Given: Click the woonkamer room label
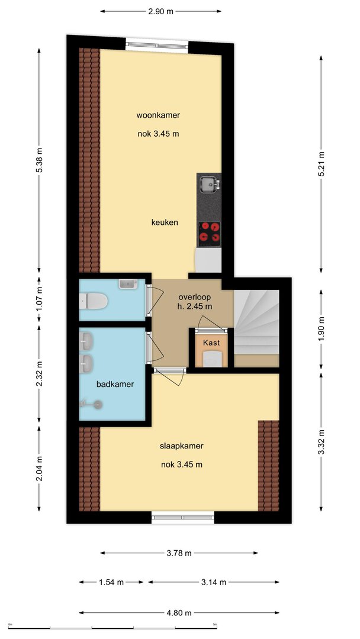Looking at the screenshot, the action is [158, 115].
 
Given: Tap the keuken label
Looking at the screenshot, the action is [165, 222].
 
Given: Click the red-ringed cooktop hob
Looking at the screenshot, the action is [209, 233].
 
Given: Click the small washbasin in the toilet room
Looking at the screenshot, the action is [128, 284].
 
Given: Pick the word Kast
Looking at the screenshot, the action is [211, 343].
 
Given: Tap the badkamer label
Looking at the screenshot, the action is [115, 384].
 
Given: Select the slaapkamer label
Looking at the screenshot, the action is [181, 446].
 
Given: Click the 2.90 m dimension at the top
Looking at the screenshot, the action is [160, 11].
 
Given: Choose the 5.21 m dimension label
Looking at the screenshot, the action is [322, 164].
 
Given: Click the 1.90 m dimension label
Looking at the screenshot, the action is [322, 328].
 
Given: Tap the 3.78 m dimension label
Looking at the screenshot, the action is [179, 553].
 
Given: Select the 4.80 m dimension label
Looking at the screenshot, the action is [179, 612].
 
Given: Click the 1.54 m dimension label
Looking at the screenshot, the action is [111, 582].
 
